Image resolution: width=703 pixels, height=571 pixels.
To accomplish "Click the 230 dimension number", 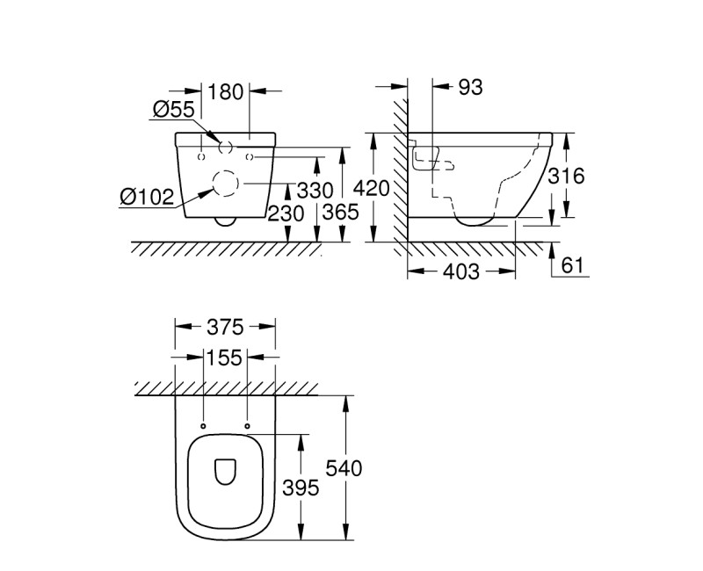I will pos(286,213).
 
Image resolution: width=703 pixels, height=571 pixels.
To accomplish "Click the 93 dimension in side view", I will pos(471,87).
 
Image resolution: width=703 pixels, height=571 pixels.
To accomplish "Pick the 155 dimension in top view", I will pos(224,358).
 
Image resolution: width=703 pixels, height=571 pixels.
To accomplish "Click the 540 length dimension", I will pos(345,468).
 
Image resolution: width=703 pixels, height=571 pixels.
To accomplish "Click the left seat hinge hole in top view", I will pos(203,427).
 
